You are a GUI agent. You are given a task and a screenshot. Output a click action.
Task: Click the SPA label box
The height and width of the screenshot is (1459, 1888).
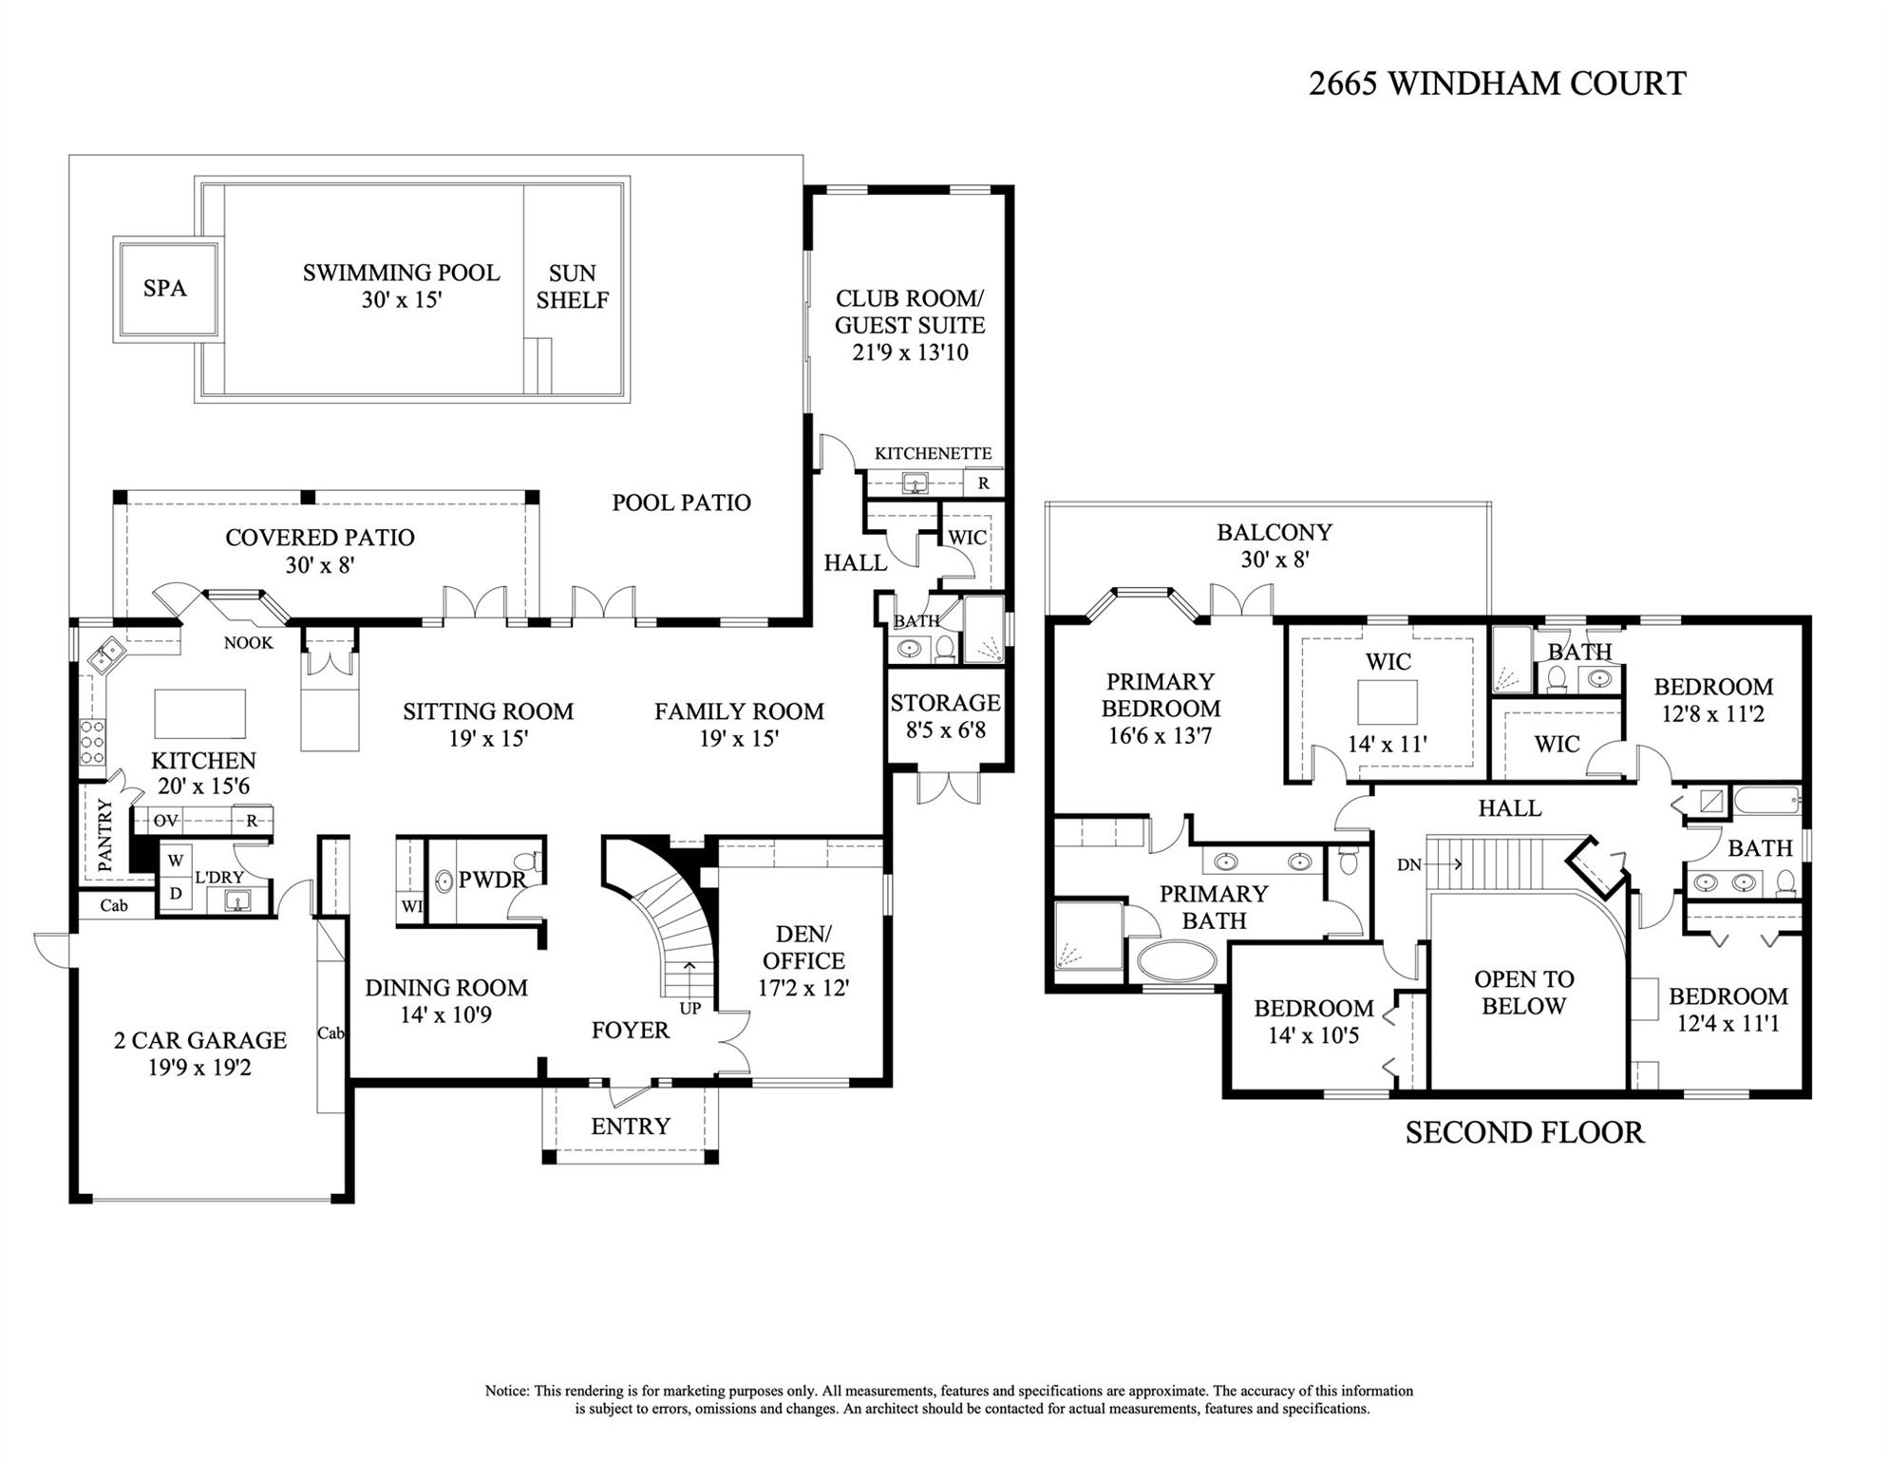pyautogui.click(x=165, y=288)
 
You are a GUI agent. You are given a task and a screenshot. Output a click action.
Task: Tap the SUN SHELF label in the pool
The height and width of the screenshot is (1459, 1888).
pyautogui.click(x=572, y=287)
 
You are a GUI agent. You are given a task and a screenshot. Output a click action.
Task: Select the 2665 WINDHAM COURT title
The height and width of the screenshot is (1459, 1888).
pyautogui.click(x=1497, y=84)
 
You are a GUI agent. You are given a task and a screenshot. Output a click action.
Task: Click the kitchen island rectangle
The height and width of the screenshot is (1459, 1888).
pyautogui.click(x=199, y=714)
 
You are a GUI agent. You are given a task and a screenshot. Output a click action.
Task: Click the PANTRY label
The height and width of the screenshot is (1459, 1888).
pyautogui.click(x=105, y=834)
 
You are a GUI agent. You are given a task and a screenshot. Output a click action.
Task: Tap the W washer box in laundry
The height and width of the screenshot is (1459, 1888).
pyautogui.click(x=176, y=861)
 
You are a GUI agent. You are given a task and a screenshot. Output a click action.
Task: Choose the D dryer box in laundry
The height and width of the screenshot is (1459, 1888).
pyautogui.click(x=176, y=894)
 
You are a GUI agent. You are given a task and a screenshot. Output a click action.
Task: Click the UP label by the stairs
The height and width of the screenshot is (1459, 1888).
pyautogui.click(x=690, y=1008)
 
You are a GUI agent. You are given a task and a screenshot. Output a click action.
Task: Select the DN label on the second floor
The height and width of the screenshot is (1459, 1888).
pyautogui.click(x=1409, y=864)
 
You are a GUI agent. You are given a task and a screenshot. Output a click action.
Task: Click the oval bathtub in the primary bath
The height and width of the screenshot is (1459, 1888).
pyautogui.click(x=1177, y=961)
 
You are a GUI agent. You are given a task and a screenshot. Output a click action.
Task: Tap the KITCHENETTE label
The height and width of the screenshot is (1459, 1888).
pyautogui.click(x=933, y=453)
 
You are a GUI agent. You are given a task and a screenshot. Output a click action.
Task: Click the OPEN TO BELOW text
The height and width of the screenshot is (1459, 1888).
pyautogui.click(x=1523, y=993)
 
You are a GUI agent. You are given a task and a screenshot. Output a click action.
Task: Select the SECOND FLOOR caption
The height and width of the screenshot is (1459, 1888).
pyautogui.click(x=1524, y=1132)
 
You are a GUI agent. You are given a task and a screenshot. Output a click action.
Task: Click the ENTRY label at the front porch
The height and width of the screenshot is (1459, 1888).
pyautogui.click(x=631, y=1126)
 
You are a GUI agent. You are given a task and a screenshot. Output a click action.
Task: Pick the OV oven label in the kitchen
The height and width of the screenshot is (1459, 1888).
pyautogui.click(x=166, y=821)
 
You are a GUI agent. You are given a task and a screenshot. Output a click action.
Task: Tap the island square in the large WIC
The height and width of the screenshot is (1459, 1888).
pyautogui.click(x=1388, y=702)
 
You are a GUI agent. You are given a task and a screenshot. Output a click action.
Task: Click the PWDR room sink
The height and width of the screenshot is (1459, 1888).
pyautogui.click(x=444, y=881)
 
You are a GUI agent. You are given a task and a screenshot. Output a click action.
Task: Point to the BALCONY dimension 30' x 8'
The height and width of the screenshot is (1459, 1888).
pyautogui.click(x=1274, y=559)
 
